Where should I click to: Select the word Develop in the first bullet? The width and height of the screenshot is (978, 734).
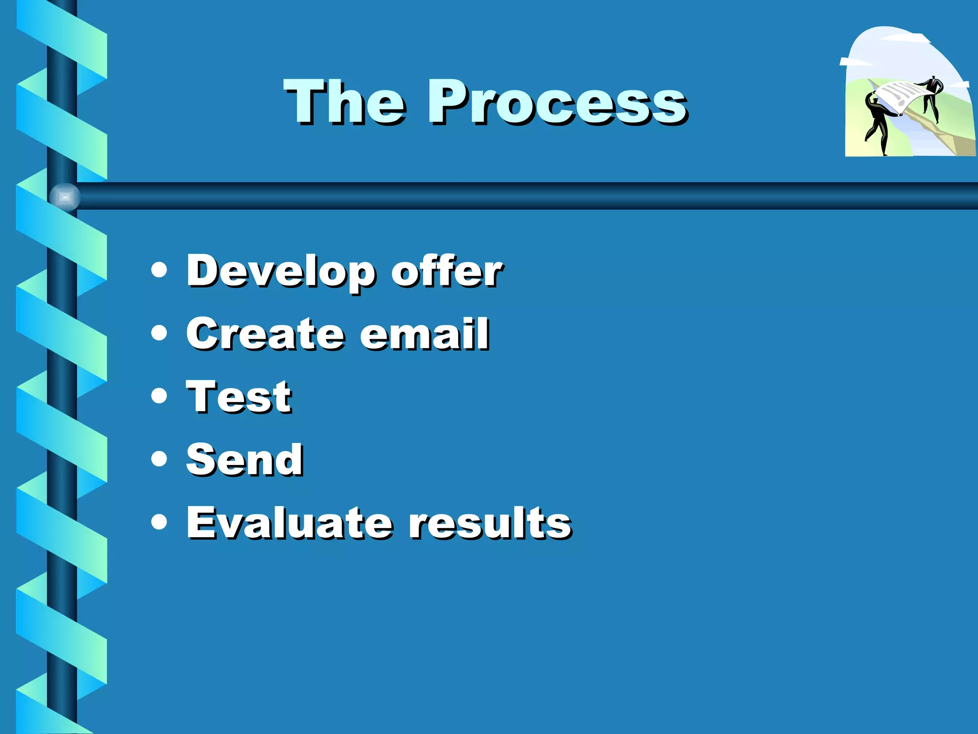[x=281, y=271]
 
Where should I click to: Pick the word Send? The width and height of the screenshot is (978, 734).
[x=244, y=460]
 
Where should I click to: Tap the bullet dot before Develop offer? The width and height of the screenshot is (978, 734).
[x=159, y=270]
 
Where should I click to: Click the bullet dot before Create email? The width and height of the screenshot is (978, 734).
[x=159, y=333]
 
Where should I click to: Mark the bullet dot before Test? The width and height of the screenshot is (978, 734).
[x=159, y=396]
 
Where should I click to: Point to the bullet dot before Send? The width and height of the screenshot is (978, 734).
[x=159, y=459]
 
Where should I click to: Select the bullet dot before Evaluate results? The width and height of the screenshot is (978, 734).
[x=159, y=522]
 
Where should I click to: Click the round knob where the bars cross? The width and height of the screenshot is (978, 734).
[x=65, y=196]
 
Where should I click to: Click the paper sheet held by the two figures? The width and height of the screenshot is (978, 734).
[x=900, y=96]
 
